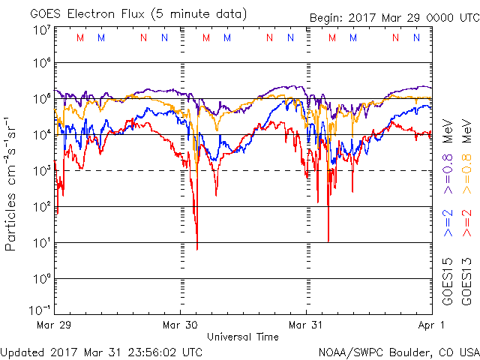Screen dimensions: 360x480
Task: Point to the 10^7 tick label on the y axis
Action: pos(40,30)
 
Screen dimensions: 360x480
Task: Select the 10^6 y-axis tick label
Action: pos(40,65)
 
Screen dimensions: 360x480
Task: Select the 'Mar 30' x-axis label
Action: pos(181,325)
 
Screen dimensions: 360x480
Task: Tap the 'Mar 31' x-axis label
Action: pos(306,325)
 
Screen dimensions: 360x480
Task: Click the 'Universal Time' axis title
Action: pos(243,337)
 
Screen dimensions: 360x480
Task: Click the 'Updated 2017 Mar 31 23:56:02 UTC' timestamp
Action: pos(101,352)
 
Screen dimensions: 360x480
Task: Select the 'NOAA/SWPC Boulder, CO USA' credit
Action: pos(398,352)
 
